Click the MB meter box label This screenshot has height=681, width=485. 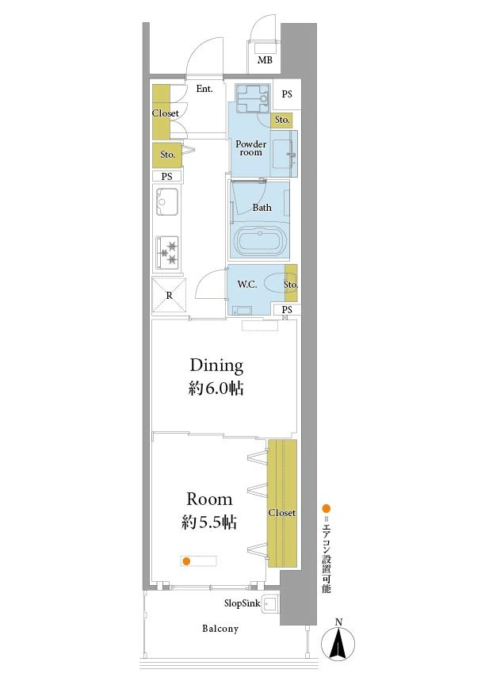click(265, 60)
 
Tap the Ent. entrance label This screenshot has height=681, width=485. click(204, 89)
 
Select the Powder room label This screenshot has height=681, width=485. click(251, 148)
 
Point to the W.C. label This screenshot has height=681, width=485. click(247, 285)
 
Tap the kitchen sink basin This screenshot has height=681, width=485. click(166, 201)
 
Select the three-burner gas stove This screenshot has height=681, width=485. click(167, 253)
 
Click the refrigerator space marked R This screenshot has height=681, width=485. click(170, 296)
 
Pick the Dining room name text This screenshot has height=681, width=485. click(216, 365)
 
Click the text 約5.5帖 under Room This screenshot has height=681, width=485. click(209, 522)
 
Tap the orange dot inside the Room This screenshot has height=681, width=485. click(186, 561)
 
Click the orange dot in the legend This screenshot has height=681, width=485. click(326, 509)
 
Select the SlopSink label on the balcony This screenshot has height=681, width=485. click(242, 603)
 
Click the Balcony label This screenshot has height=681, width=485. click(220, 629)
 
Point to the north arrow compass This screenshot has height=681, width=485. click(338, 641)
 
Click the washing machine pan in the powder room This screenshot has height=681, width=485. click(252, 98)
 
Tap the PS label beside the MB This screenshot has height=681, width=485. click(287, 94)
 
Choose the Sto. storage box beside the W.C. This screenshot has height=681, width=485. click(291, 283)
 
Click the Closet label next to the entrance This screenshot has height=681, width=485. click(165, 113)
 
